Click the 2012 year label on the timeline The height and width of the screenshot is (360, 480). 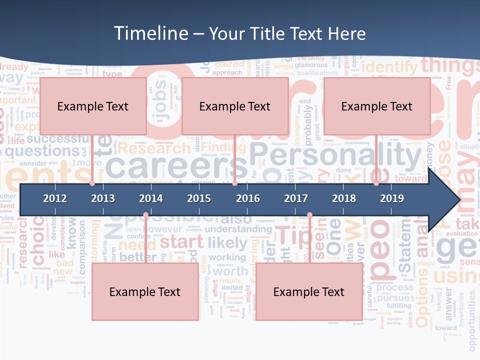[x=55, y=198]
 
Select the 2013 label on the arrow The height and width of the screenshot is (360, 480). [x=103, y=198]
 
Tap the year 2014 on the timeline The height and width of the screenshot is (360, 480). [x=151, y=198]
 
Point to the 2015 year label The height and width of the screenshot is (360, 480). [x=199, y=198]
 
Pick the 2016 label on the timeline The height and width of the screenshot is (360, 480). [x=248, y=198]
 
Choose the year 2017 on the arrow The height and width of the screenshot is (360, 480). [x=296, y=198]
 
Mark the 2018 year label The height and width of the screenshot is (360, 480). [x=344, y=198]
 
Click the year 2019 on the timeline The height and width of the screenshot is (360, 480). [x=392, y=198]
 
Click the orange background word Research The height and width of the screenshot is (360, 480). [x=154, y=148]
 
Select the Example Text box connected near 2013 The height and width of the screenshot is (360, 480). [x=93, y=106]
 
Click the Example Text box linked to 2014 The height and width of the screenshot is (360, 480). [x=145, y=292]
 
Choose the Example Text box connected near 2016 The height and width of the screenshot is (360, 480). [x=235, y=106]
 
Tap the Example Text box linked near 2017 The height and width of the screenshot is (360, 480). [x=309, y=292]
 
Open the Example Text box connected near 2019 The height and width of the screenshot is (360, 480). [x=377, y=106]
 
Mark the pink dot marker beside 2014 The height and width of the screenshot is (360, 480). [x=145, y=215]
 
